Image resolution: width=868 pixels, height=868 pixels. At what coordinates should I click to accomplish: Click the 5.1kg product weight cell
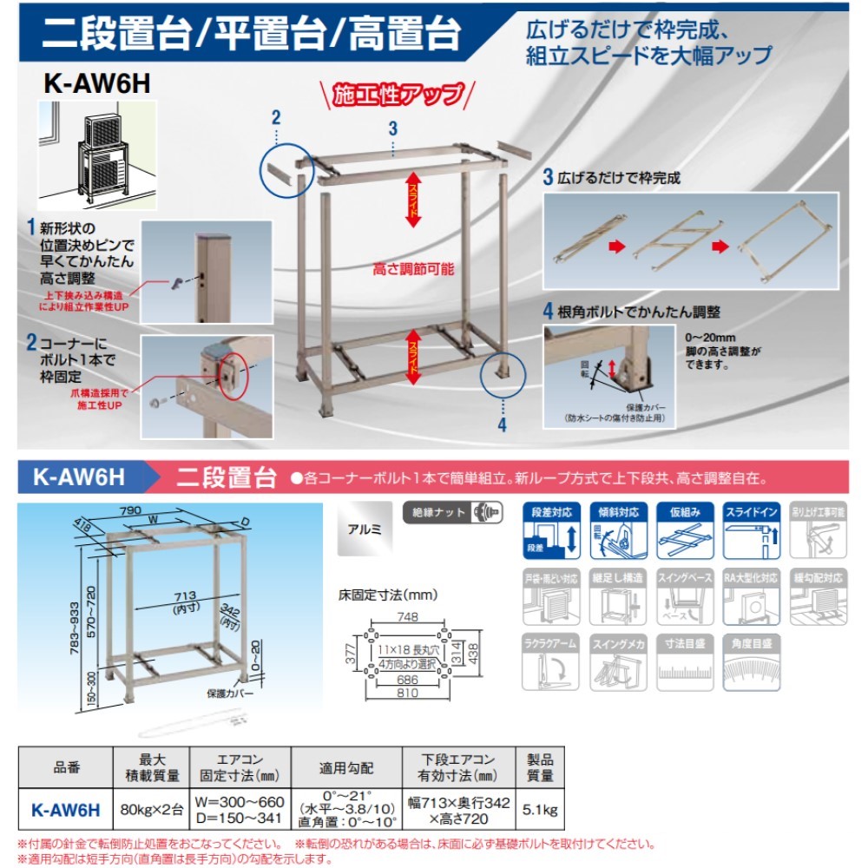(539, 811)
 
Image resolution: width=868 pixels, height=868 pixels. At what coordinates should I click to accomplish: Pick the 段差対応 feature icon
(550, 530)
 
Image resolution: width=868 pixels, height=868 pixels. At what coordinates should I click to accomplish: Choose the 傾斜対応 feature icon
(617, 530)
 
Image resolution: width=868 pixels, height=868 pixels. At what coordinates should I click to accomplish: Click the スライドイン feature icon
(751, 530)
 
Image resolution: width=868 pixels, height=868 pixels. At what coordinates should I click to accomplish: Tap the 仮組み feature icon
(685, 530)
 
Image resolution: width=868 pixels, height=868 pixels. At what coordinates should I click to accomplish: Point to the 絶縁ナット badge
(452, 512)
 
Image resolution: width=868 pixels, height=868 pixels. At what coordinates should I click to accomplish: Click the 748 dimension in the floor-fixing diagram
(407, 617)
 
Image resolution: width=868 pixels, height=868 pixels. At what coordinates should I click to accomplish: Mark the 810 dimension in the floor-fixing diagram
(407, 694)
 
